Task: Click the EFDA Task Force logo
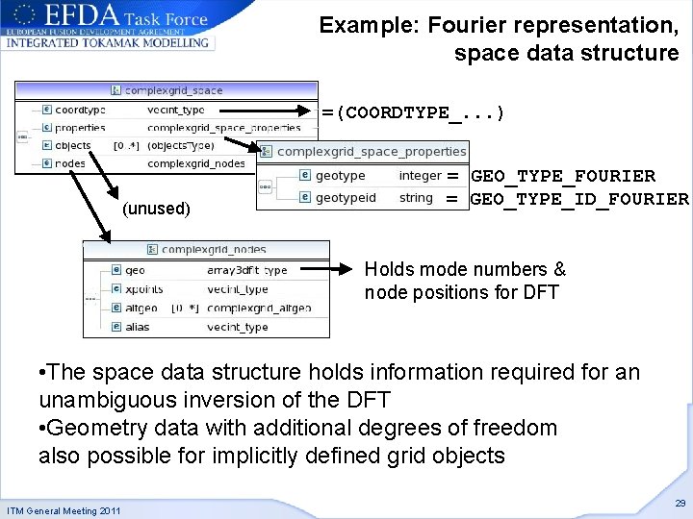point(108,25)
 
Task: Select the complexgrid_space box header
point(167,90)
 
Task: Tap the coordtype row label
point(80,110)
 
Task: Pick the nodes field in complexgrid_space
point(70,163)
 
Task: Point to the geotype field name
point(340,176)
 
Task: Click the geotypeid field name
point(346,198)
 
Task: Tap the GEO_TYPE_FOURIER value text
point(563,176)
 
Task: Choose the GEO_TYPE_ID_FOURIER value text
point(578,199)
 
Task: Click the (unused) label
point(156,209)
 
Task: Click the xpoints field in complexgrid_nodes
point(143,289)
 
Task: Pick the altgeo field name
point(141,309)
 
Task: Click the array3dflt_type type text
point(246,270)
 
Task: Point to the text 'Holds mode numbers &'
point(465,270)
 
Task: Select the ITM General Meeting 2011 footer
point(64,510)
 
